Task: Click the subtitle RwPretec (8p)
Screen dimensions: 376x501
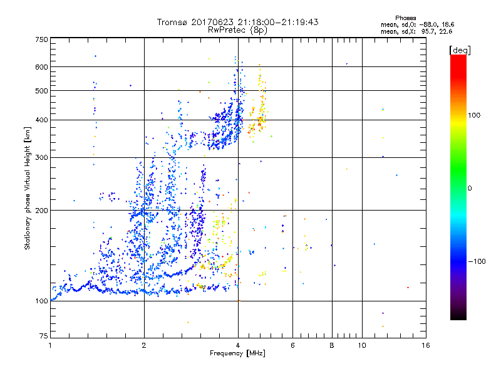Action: [x=237, y=29]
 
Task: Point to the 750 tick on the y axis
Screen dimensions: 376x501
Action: [x=41, y=39]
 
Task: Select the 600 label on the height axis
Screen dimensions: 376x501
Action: [x=41, y=67]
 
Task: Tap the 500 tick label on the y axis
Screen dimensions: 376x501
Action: [x=41, y=91]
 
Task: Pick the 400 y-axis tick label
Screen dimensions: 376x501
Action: [x=41, y=120]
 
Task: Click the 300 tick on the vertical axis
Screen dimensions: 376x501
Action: [x=41, y=157]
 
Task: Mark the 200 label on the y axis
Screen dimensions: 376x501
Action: [x=41, y=211]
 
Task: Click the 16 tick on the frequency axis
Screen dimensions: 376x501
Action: [x=425, y=345]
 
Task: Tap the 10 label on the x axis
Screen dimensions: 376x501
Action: [x=361, y=345]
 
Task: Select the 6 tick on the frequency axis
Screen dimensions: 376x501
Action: [x=292, y=345]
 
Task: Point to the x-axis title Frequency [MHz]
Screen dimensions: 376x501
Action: [x=237, y=353]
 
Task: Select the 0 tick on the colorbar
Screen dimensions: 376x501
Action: [x=470, y=188]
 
